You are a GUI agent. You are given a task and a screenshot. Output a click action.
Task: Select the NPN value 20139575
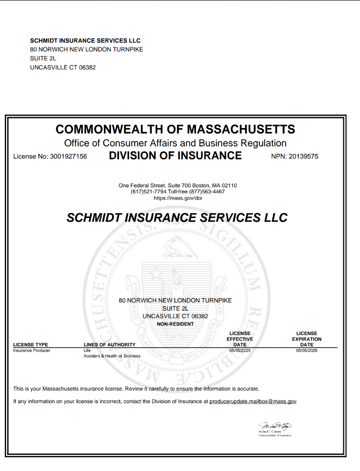click(303, 157)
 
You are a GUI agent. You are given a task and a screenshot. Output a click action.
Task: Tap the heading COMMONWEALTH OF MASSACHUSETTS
click(175, 130)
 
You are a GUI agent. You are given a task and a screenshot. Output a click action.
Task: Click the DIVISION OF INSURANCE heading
click(175, 156)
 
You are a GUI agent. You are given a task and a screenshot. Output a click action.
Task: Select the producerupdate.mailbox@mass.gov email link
click(253, 402)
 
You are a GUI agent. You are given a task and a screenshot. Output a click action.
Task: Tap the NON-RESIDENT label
click(175, 324)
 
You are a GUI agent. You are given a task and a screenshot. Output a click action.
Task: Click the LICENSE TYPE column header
click(31, 345)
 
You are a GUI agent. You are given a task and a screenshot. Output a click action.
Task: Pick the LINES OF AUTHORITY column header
click(109, 345)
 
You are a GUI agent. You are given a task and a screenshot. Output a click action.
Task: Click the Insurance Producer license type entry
click(32, 350)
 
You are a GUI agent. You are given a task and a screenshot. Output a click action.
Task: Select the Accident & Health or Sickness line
click(112, 356)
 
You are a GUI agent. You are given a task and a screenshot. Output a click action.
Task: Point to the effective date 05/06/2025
click(240, 350)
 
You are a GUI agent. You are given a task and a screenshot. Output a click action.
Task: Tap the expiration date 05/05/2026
click(307, 350)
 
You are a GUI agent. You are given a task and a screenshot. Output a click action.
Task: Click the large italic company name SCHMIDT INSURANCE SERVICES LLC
click(177, 218)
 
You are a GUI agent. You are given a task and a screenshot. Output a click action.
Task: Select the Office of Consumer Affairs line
click(175, 143)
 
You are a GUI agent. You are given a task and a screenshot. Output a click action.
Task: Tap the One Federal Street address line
click(178, 186)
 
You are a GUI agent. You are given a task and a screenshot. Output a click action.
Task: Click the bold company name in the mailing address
click(86, 40)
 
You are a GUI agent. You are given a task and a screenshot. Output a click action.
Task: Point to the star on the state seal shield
click(155, 274)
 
